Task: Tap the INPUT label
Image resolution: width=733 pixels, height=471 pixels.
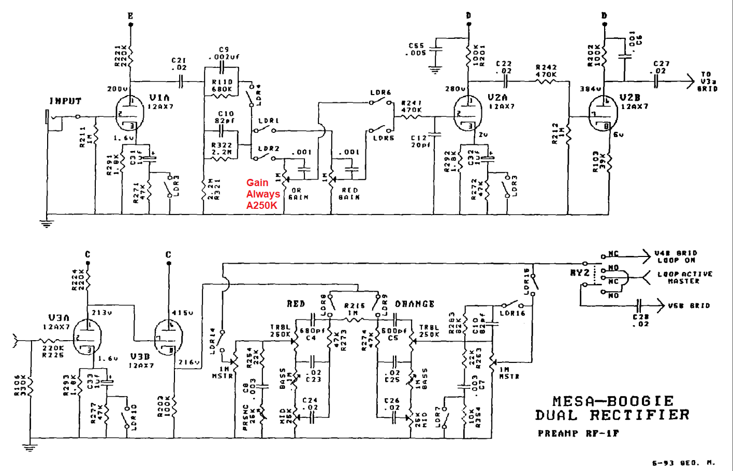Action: tap(65, 101)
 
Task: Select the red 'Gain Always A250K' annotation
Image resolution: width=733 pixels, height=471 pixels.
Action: tap(263, 194)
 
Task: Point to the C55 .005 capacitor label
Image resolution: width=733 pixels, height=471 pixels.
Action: tap(417, 49)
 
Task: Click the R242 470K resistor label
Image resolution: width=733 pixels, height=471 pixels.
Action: tap(546, 71)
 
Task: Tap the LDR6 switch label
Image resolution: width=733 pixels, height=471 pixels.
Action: tap(380, 93)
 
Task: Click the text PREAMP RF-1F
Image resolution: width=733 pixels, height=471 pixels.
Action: tap(578, 433)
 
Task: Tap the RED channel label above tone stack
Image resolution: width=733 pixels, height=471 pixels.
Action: tap(296, 304)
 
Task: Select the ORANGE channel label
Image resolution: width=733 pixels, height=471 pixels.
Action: tap(415, 304)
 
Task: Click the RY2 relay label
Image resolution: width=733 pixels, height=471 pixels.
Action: tap(580, 272)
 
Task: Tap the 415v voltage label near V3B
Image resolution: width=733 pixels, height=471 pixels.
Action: tap(183, 313)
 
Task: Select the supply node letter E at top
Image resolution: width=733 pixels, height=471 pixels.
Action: tap(130, 16)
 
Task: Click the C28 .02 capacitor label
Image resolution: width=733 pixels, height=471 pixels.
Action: tap(640, 320)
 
